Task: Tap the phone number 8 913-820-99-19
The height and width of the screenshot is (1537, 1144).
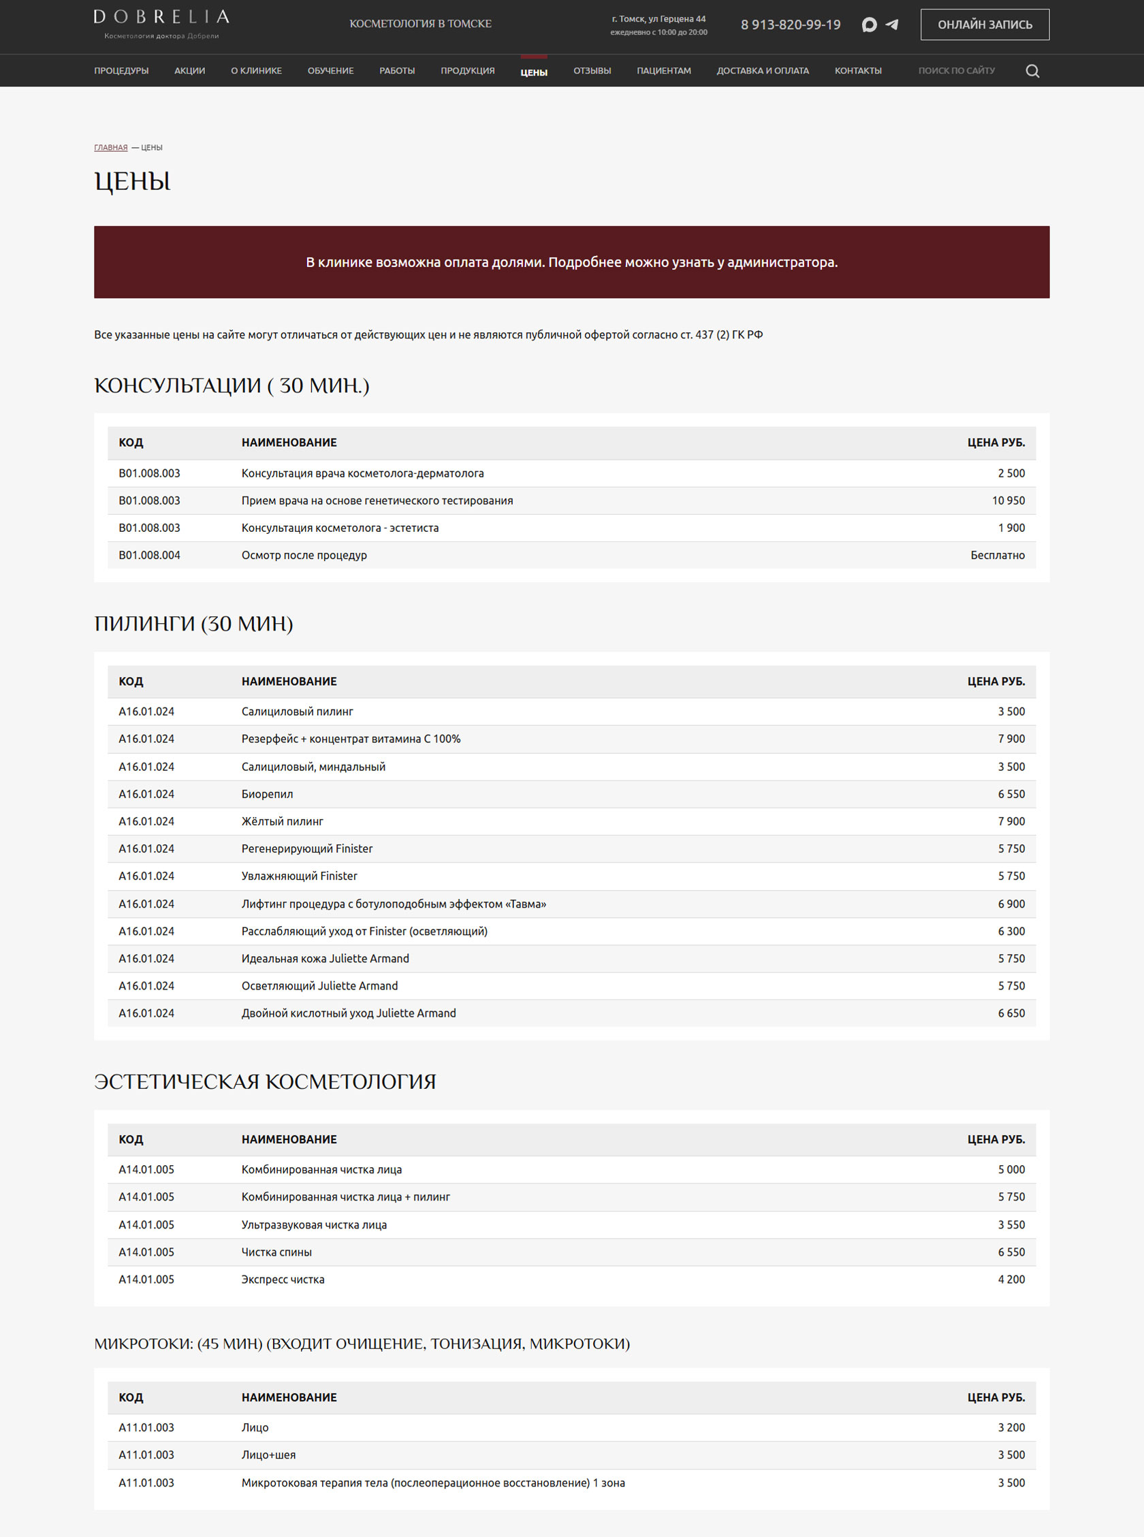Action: (x=790, y=25)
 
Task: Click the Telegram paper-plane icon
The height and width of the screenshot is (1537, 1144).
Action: (x=892, y=25)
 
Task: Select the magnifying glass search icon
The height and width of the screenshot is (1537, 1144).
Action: (x=1032, y=72)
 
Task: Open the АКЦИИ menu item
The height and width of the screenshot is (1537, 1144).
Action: (x=190, y=71)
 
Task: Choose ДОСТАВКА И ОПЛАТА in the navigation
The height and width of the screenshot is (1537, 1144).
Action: (x=763, y=71)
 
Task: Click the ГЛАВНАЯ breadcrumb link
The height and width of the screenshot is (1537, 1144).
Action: (x=111, y=148)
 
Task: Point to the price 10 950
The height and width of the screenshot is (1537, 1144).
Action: (x=1008, y=501)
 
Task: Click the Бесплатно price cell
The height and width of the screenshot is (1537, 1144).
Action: (x=997, y=555)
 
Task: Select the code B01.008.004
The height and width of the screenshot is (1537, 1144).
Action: (x=150, y=555)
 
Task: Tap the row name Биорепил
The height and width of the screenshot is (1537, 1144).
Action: (x=268, y=794)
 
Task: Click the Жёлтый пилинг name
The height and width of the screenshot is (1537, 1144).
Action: (x=283, y=822)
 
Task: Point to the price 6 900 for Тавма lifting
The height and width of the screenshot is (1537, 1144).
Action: (x=1011, y=904)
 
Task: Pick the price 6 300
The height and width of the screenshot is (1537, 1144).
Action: (x=1011, y=931)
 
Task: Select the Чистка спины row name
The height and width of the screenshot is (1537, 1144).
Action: (x=276, y=1252)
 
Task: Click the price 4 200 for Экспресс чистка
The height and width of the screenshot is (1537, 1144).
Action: (x=1011, y=1280)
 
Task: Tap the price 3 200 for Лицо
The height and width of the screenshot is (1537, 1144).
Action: (x=1011, y=1427)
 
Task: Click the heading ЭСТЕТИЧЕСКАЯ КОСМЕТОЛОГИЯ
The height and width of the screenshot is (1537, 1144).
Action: (x=264, y=1082)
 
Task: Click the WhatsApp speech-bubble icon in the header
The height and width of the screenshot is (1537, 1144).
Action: (x=869, y=25)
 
